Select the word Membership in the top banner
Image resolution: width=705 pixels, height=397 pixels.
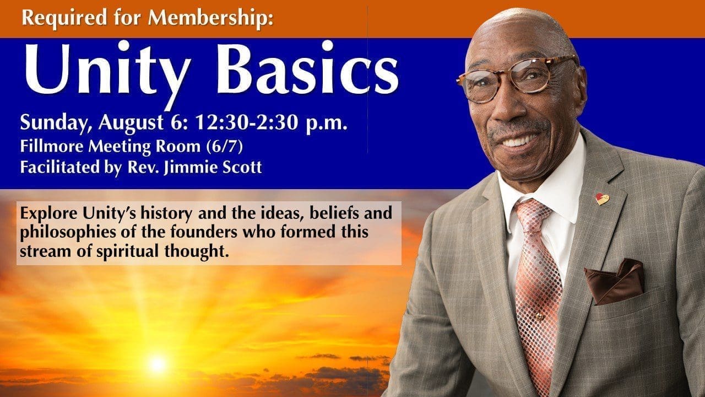(212, 19)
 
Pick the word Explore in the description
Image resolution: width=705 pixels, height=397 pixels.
(44, 213)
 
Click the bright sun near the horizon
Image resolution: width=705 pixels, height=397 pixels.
(157, 363)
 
